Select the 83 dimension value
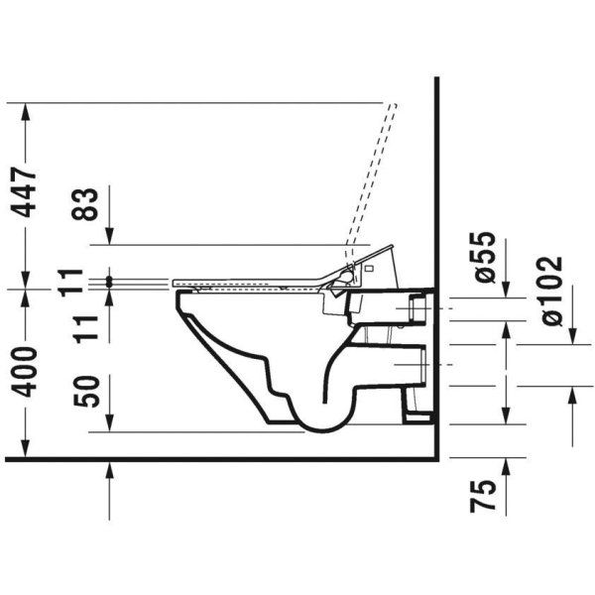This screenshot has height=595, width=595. click(88, 205)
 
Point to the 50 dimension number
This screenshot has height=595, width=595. click(88, 394)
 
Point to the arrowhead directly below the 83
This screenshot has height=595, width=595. click(108, 237)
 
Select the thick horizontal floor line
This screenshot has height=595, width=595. click(218, 458)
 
